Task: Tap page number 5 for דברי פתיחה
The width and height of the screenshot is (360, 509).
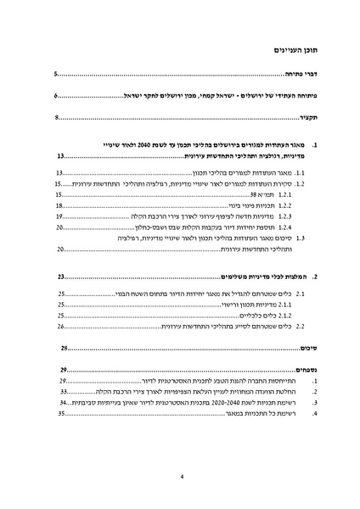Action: [x=57, y=75]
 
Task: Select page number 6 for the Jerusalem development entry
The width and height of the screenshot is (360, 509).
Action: [x=57, y=96]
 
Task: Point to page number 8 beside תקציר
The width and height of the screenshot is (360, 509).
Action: [x=57, y=117]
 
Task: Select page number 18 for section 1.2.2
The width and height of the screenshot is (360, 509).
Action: [x=60, y=205]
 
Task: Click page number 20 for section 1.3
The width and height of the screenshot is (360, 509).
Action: [x=60, y=250]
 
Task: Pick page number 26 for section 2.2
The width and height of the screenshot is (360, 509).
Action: [x=60, y=325]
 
